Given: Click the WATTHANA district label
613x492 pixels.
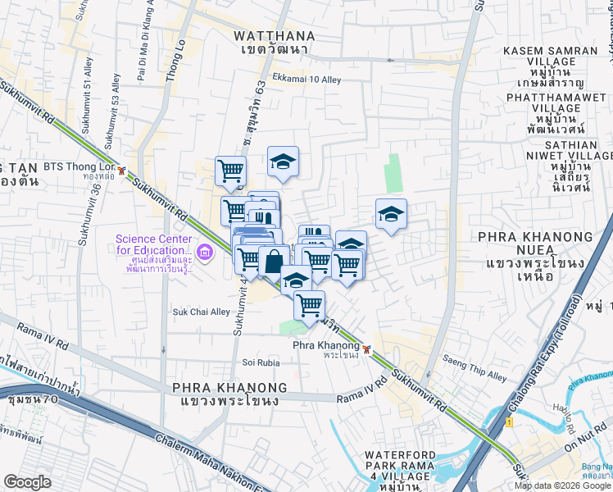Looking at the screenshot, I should pyautogui.click(x=270, y=35).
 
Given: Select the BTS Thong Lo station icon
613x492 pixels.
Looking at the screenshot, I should pyautogui.click(x=121, y=171).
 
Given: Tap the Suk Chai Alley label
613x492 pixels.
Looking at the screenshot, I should pyautogui.click(x=201, y=312).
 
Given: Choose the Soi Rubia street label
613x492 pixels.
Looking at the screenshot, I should pyautogui.click(x=261, y=362).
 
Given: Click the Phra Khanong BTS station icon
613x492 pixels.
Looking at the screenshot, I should pyautogui.click(x=368, y=348).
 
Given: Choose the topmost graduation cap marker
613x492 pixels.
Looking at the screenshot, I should pyautogui.click(x=283, y=162).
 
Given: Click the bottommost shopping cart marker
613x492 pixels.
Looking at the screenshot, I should pyautogui.click(x=309, y=305).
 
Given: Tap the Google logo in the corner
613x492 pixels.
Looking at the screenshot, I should pyautogui.click(x=27, y=482).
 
